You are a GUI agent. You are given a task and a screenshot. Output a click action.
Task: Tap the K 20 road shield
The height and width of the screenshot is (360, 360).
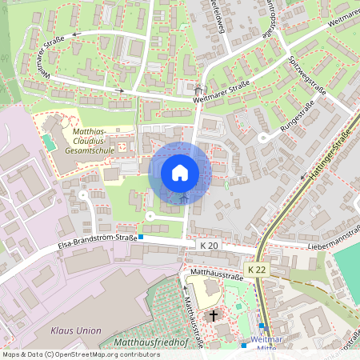point(210,246)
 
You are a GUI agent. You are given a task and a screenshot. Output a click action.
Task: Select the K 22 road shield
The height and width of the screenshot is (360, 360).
point(256,270)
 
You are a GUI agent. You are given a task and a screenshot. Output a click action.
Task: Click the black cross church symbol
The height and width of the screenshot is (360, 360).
point(214,316)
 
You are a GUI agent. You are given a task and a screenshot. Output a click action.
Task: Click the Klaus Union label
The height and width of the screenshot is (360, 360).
point(76,330)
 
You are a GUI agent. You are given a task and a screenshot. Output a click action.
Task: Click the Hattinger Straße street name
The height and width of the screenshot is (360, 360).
point(327,157)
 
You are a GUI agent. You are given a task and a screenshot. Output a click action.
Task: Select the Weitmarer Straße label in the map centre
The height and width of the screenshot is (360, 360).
point(222,93)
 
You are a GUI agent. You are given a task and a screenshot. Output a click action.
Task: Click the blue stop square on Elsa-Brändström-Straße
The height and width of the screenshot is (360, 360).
point(141,237)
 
